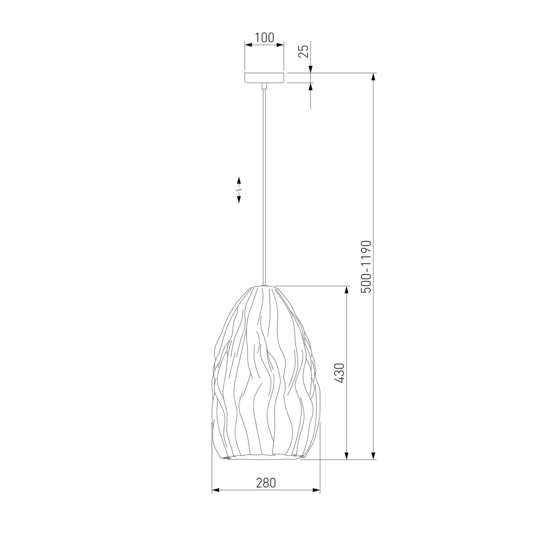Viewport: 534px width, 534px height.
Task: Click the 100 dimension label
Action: point(264,38)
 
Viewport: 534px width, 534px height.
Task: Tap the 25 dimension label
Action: point(304,51)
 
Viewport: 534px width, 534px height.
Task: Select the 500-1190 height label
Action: point(366,267)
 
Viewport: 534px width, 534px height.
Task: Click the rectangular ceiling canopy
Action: point(264,78)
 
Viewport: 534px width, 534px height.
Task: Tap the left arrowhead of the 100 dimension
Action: point(248,44)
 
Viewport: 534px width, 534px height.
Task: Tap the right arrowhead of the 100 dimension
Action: point(280,44)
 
